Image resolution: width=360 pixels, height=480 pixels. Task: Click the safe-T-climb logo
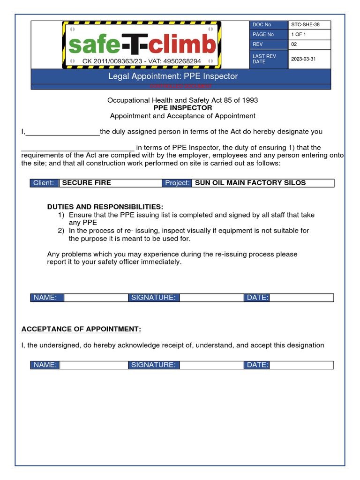(x=142, y=45)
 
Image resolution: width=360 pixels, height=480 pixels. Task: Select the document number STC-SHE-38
(x=306, y=25)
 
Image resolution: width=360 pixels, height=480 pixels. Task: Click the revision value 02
(x=294, y=45)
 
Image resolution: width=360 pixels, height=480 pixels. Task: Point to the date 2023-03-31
(x=304, y=59)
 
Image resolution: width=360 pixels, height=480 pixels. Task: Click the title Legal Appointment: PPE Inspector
(x=173, y=76)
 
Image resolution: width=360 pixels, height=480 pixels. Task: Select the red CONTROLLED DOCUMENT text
(x=180, y=87)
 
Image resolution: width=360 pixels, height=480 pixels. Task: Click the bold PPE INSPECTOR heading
(x=182, y=108)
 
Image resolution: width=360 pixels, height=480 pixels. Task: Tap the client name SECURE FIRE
(x=87, y=183)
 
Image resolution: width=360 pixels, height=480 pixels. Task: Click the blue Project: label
(x=177, y=183)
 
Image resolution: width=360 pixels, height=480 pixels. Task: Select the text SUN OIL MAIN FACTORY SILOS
(x=250, y=183)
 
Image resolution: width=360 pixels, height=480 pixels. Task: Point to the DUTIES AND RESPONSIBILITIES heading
(x=105, y=207)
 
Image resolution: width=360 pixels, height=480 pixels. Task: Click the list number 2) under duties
(x=61, y=231)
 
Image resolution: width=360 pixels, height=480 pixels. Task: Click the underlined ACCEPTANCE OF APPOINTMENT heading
(x=81, y=329)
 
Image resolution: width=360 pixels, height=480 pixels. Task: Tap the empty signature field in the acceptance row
(x=211, y=365)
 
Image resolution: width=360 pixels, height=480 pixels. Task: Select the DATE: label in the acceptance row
(x=257, y=365)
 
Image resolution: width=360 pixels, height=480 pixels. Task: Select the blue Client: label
(x=44, y=183)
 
